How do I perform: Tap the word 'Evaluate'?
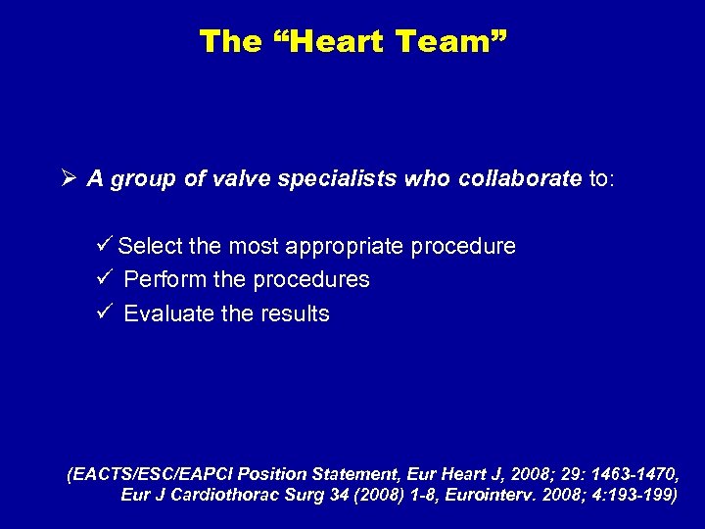167,314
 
